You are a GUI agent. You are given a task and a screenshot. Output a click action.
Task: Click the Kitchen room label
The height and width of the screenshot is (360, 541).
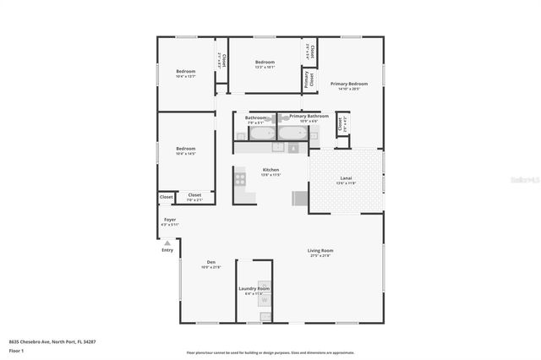248,169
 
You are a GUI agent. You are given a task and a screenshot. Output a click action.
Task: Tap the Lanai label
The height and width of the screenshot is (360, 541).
346,178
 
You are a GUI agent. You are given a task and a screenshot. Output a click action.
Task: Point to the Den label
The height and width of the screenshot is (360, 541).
211,262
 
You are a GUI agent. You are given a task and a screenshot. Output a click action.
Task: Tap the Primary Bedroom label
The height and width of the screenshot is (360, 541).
349,84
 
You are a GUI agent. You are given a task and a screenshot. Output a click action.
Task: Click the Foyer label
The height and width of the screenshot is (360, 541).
170,220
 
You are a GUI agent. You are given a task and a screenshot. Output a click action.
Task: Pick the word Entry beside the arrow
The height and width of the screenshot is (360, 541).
167,250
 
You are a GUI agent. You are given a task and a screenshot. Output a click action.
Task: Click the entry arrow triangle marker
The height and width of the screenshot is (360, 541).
167,243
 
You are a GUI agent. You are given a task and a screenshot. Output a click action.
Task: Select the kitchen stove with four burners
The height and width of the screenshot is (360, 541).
240,179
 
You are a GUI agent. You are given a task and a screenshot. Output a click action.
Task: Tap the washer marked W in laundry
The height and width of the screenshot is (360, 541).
264,300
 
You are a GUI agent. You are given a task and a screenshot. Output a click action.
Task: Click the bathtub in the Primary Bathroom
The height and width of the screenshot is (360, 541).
293,132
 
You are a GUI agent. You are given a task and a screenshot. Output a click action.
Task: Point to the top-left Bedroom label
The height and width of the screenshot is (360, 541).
185,71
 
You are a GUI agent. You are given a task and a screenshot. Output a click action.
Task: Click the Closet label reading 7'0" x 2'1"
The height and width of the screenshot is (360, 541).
194,197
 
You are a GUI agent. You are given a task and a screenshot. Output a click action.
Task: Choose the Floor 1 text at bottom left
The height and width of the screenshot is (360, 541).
16,350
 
